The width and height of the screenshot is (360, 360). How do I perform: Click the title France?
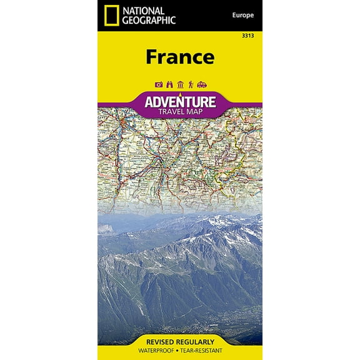pyautogui.click(x=180, y=56)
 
